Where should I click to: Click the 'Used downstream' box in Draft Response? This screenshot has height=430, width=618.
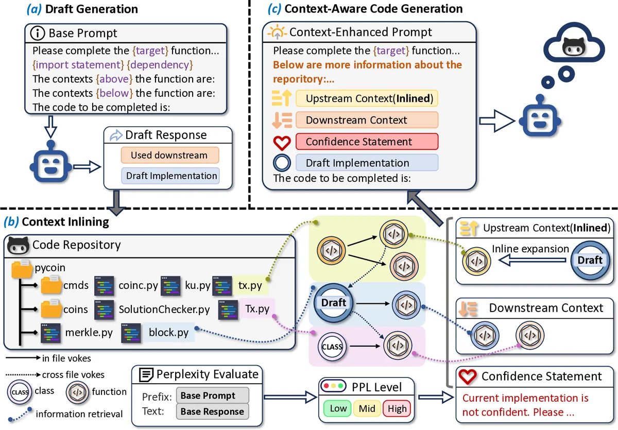(169, 156)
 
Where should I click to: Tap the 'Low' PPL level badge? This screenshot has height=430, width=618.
(338, 409)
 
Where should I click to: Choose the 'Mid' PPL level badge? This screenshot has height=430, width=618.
(367, 409)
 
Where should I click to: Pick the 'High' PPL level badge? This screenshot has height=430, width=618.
(397, 409)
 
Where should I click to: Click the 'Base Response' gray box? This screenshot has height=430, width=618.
(212, 411)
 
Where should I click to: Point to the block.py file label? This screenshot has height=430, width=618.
(168, 332)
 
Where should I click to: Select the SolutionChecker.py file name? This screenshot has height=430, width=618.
(164, 310)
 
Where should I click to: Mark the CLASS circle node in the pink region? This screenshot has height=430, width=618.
(332, 347)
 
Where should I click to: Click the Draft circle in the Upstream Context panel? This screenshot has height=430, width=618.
(590, 260)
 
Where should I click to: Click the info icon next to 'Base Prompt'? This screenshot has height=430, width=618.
(38, 33)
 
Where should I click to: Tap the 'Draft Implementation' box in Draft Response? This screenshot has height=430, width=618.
(171, 176)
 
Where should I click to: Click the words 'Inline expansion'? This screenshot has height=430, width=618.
(530, 249)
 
